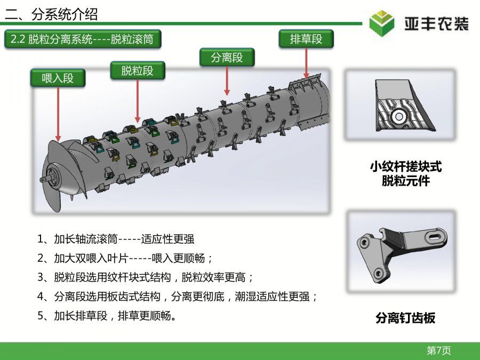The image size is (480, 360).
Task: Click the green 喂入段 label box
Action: point(58,78)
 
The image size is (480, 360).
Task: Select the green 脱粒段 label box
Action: point(138,71)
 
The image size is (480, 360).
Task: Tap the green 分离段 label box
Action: point(227,57)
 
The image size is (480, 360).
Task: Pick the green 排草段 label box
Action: point(306,39)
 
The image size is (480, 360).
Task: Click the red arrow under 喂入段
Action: point(58,115)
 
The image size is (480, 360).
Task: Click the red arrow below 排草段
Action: point(306,63)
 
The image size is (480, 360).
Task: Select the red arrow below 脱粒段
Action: point(138,101)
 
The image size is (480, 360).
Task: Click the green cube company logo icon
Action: point(381,23)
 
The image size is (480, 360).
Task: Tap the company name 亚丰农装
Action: point(436,24)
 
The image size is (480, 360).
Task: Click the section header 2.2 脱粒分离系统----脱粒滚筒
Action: point(83,39)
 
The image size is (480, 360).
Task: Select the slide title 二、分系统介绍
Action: point(51,14)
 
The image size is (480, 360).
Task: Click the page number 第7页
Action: point(439,350)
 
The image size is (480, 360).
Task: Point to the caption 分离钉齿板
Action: point(405,318)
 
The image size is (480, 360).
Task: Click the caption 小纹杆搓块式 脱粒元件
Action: point(406,173)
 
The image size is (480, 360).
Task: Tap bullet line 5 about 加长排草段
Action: point(107,316)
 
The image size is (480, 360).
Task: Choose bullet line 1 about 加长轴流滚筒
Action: point(116,239)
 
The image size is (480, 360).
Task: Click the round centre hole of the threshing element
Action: point(398,116)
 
